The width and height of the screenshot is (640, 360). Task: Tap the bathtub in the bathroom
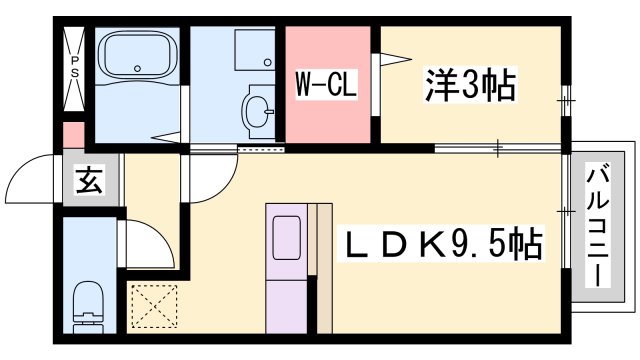(x=137, y=59)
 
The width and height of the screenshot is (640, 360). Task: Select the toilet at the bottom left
(x=89, y=302)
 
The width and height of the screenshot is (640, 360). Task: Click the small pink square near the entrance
(x=72, y=134)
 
